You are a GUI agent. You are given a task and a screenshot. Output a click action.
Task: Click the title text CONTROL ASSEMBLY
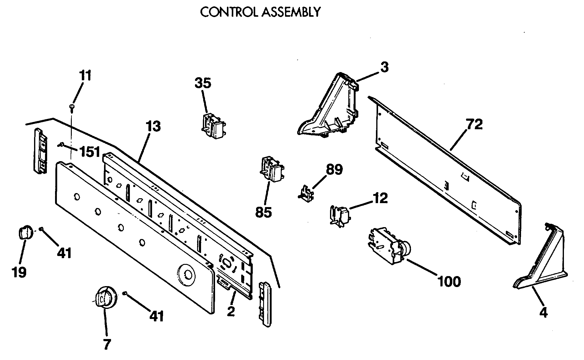coord(260,12)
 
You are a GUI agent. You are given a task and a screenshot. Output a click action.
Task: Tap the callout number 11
coord(85,76)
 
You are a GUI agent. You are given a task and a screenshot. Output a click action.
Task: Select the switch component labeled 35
coord(214,126)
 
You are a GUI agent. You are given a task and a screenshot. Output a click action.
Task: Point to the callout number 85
coord(263,212)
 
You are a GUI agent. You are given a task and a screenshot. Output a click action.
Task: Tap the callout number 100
coord(449,281)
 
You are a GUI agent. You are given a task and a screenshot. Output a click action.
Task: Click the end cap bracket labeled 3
coord(330,105)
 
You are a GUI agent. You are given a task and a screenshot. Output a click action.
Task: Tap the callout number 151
coord(90,151)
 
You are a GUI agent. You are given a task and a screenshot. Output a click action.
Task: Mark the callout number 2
coord(231,312)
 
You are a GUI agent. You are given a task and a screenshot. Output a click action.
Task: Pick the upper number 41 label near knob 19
coord(64,253)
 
